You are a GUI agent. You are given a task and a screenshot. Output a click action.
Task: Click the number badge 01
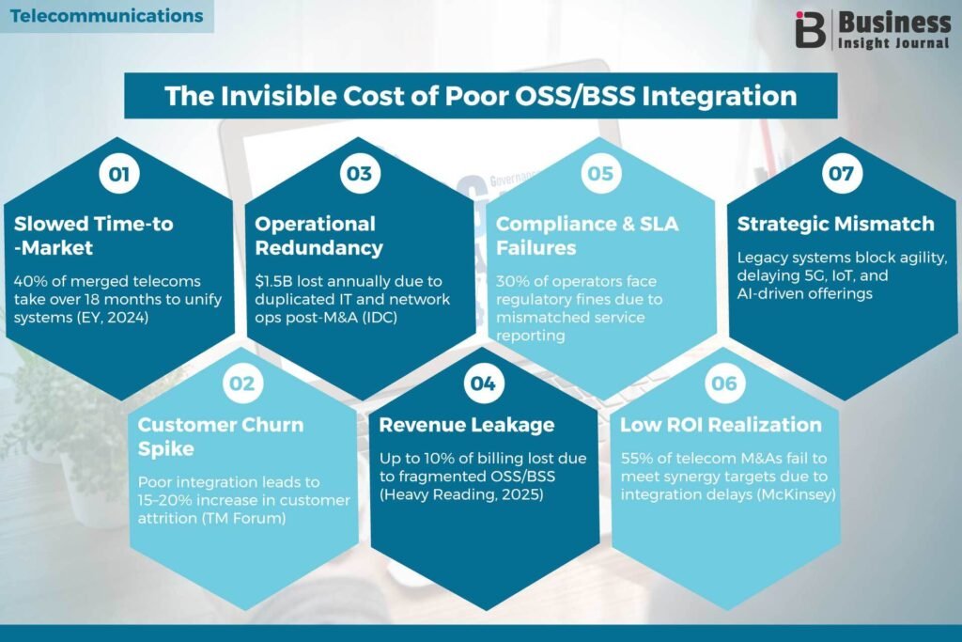tap(119, 174)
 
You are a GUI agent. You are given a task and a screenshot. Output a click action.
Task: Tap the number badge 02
tap(242, 384)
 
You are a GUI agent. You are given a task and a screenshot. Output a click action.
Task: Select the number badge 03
tap(360, 174)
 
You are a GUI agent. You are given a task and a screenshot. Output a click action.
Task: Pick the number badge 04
tap(484, 384)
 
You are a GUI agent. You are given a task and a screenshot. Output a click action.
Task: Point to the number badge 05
tap(600, 174)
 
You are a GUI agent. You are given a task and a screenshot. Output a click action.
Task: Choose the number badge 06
tap(724, 384)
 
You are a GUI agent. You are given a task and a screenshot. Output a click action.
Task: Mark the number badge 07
tap(842, 174)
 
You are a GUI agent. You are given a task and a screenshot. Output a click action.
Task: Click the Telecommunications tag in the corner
tap(107, 16)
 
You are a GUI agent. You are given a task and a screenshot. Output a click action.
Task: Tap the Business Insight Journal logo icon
tap(811, 29)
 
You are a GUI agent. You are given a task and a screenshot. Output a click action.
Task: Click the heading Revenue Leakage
tap(467, 425)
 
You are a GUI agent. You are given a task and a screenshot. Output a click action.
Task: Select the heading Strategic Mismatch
tap(835, 224)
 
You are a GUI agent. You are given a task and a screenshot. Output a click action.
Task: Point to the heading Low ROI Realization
tap(721, 425)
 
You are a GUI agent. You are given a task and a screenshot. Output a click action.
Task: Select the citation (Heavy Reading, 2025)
tap(461, 494)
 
